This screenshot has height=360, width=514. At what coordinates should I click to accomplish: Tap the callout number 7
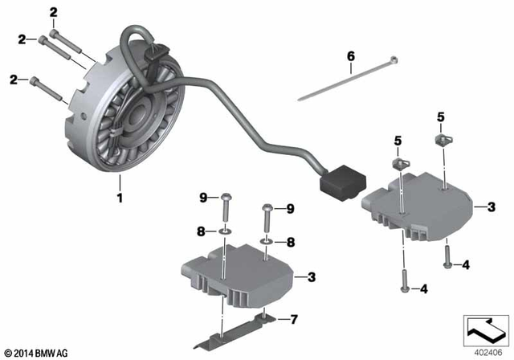[293, 319]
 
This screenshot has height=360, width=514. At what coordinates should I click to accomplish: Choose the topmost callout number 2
[54, 11]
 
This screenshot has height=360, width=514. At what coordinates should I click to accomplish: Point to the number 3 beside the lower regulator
[310, 276]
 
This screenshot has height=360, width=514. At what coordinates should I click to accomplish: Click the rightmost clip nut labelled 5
[441, 140]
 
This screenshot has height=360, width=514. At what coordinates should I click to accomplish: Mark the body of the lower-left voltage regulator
[237, 273]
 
